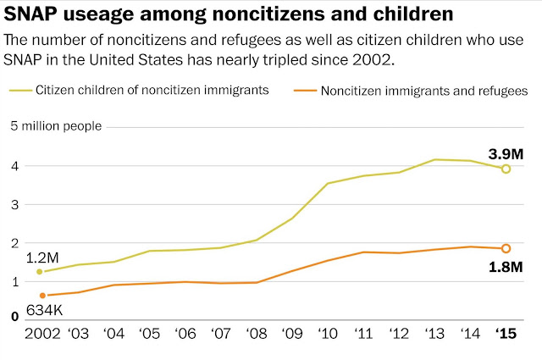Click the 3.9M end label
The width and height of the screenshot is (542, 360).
click(506, 154)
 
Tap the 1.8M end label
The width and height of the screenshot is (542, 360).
click(506, 268)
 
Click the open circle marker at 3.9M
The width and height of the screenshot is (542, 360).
click(506, 169)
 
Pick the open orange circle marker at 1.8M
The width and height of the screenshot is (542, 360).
click(506, 248)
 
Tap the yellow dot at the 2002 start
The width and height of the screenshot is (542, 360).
click(39, 272)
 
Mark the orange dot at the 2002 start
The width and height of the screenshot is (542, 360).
click(42, 295)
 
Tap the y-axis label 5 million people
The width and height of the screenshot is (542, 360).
click(56, 126)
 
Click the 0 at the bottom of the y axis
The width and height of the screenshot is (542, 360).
click(14, 317)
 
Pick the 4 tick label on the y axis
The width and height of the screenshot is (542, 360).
click(14, 166)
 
